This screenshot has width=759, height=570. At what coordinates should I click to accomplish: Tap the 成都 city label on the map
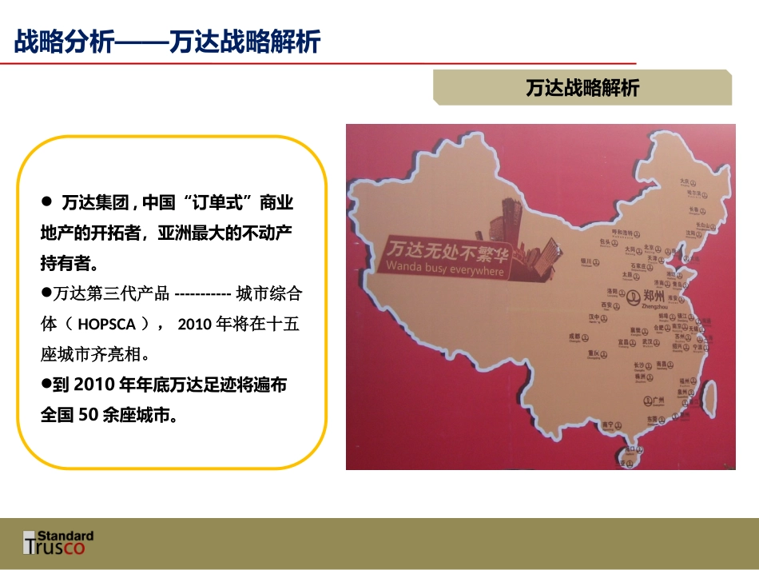[x=573, y=337]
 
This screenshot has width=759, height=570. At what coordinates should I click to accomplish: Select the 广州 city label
[x=658, y=399]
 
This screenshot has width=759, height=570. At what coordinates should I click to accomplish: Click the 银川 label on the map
[x=586, y=260]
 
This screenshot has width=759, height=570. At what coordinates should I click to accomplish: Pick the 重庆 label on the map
[x=593, y=353]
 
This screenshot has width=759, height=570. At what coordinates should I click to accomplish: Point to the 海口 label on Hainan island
[x=629, y=450]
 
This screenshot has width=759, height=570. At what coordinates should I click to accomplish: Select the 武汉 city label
[x=646, y=341]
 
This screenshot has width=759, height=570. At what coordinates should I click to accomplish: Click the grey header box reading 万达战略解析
[x=582, y=87]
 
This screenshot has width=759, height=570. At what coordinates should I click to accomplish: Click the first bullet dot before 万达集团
[x=46, y=200]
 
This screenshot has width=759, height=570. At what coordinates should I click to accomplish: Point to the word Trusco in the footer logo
[x=58, y=547]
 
